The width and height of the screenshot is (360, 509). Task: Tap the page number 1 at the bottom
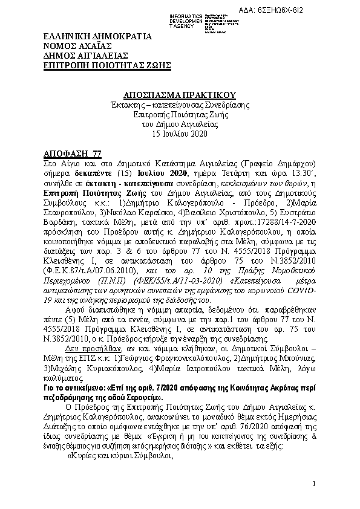(315, 484)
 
